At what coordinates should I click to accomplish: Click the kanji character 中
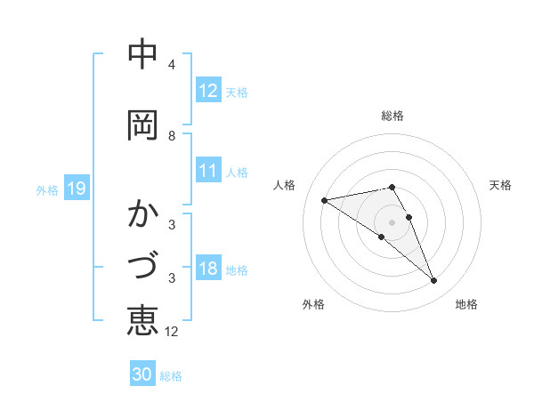coord(142,55)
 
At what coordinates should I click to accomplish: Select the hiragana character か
coord(142,215)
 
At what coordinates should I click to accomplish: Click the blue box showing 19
coord(76,189)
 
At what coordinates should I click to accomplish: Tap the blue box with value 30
coord(142,375)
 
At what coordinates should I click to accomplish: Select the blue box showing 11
coord(207,172)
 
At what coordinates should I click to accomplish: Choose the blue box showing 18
coord(207,269)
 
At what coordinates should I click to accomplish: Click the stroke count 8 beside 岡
coord(172,136)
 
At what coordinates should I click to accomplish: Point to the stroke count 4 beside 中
coord(172,65)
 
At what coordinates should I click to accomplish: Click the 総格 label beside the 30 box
coord(172,376)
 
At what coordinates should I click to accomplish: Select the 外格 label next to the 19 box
coord(47,189)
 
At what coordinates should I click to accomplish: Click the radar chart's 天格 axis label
coord(500,185)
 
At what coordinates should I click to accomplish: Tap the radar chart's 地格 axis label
coord(466,304)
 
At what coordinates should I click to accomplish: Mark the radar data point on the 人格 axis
coord(325,199)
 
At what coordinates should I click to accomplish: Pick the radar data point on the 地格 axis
coord(433,281)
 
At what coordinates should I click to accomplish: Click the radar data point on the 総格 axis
coord(392,187)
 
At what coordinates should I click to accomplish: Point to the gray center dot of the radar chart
coord(392,221)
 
